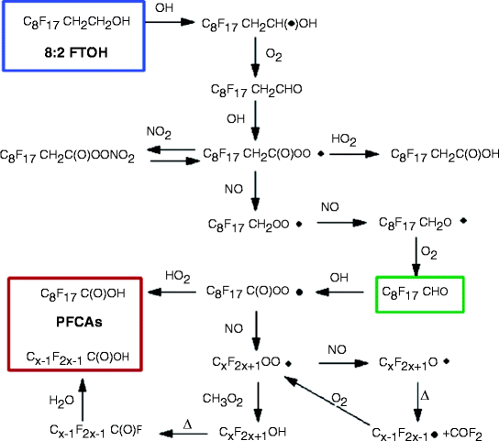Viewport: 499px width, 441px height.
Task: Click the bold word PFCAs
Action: click(x=73, y=325)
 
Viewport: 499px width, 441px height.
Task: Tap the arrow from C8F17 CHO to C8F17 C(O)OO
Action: click(x=343, y=293)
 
